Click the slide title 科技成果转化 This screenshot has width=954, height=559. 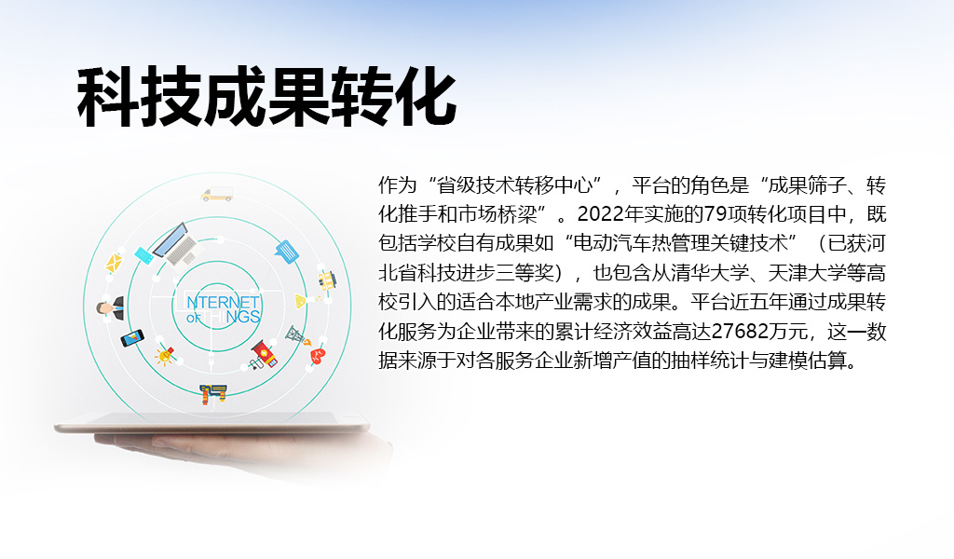266,98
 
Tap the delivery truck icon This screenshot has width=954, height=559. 216,195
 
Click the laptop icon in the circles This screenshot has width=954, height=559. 173,244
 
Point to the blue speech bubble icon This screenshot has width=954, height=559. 286,250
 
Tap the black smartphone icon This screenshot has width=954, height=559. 132,337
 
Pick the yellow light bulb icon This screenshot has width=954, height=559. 166,355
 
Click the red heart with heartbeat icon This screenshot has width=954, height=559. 317,355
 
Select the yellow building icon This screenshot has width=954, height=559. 326,279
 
